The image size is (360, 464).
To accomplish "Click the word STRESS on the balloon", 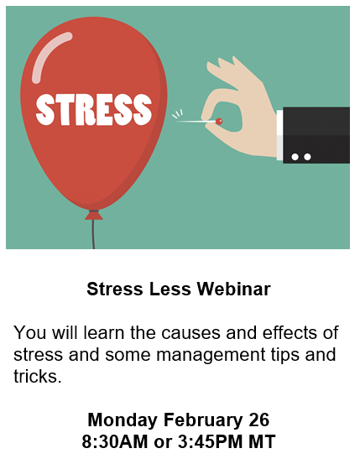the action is (x=94, y=109).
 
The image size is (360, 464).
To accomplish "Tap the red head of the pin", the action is (x=219, y=121).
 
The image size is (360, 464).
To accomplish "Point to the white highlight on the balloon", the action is (x=49, y=55).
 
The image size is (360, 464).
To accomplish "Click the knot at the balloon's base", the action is (x=94, y=215).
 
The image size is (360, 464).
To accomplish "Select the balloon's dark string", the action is (x=93, y=234).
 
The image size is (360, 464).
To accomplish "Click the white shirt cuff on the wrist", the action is (x=279, y=135).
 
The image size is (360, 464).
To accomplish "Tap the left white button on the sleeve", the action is (x=295, y=157).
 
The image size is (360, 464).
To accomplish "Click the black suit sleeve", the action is (x=316, y=135).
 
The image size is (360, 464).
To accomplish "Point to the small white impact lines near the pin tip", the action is (x=178, y=114).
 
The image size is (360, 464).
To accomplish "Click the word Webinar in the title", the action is (x=234, y=289).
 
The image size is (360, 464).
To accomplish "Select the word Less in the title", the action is (x=170, y=289).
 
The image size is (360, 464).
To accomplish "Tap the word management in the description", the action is (x=211, y=355).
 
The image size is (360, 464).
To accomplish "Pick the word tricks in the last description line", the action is (x=37, y=376).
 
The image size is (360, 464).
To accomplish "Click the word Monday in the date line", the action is (x=123, y=420).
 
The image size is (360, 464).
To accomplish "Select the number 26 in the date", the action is (x=258, y=420).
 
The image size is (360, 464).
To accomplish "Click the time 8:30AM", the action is (x=115, y=442).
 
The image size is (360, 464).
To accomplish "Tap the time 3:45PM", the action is (x=210, y=442).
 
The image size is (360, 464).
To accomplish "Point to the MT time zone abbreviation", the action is (x=262, y=442).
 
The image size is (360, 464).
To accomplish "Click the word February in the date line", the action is (x=203, y=420).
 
